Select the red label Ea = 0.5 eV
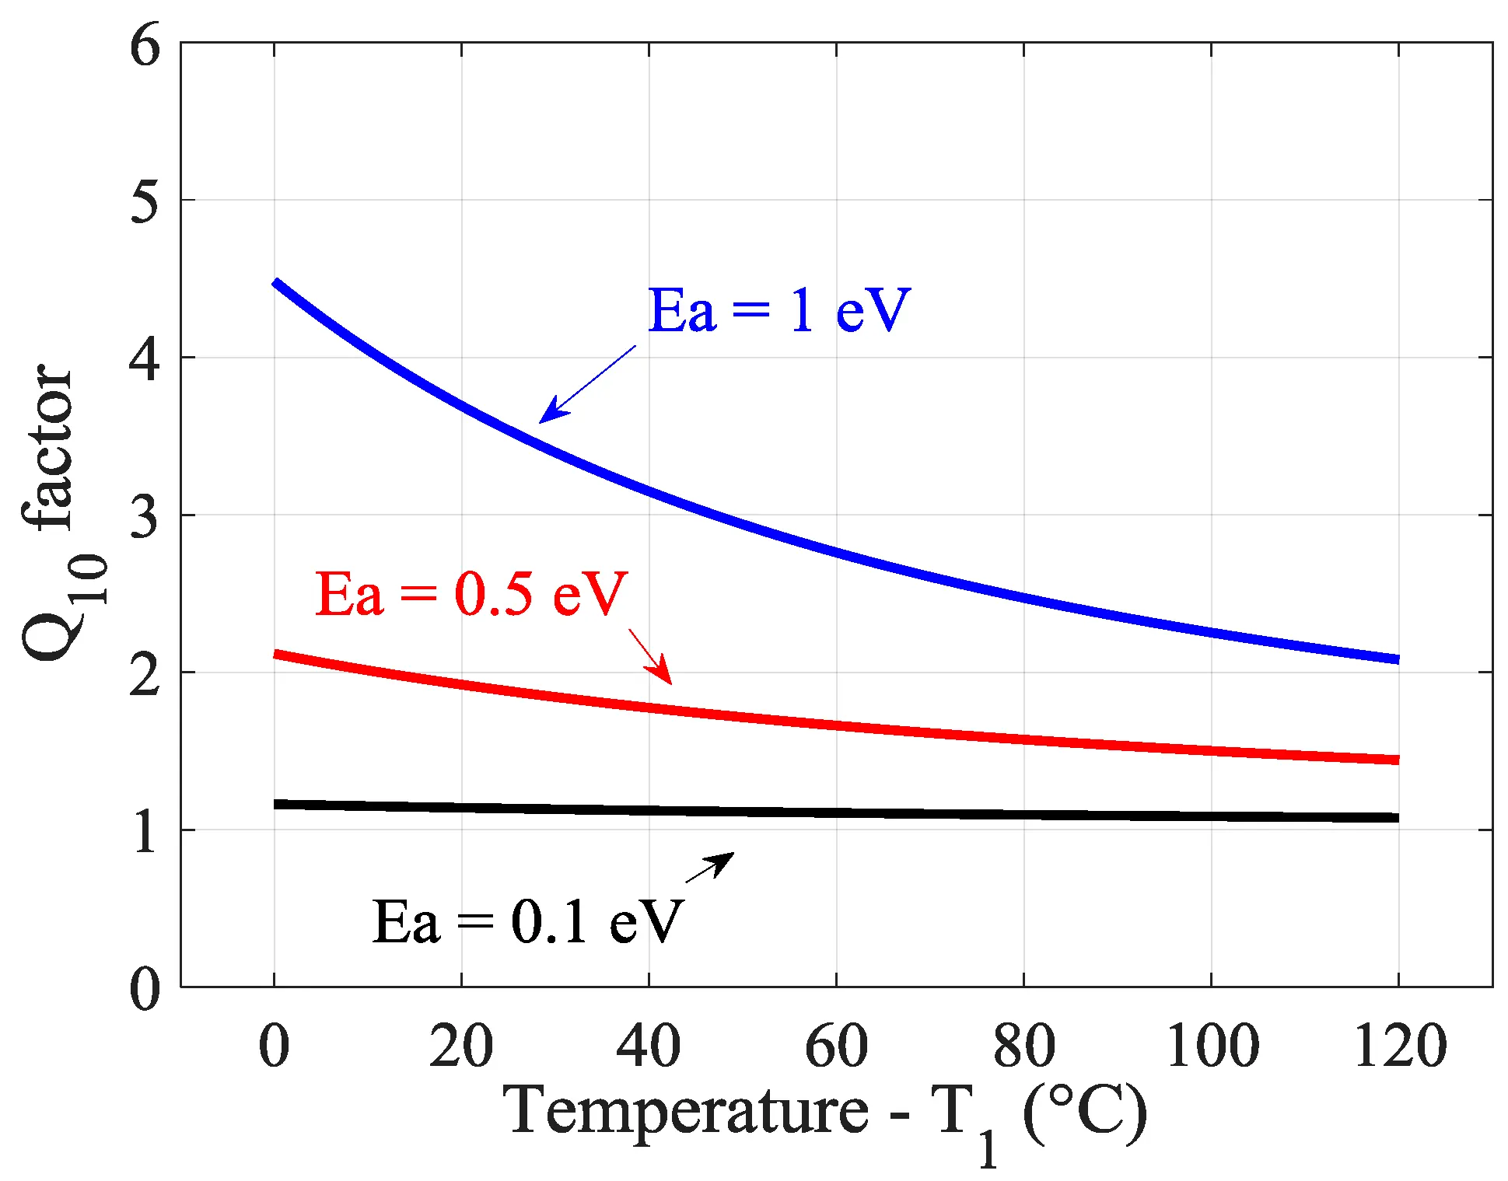pos(471,595)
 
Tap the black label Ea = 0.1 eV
pos(527,923)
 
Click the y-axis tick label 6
pos(145,45)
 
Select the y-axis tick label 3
pos(145,516)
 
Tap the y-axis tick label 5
pos(145,201)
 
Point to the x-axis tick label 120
pos(1400,1046)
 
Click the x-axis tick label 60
pos(836,1046)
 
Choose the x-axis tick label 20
pos(461,1046)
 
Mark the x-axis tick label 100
pos(1212,1046)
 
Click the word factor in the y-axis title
pos(48,447)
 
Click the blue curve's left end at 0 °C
pos(275,283)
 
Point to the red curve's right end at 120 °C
pos(1398,760)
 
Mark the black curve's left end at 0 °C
pos(275,804)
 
